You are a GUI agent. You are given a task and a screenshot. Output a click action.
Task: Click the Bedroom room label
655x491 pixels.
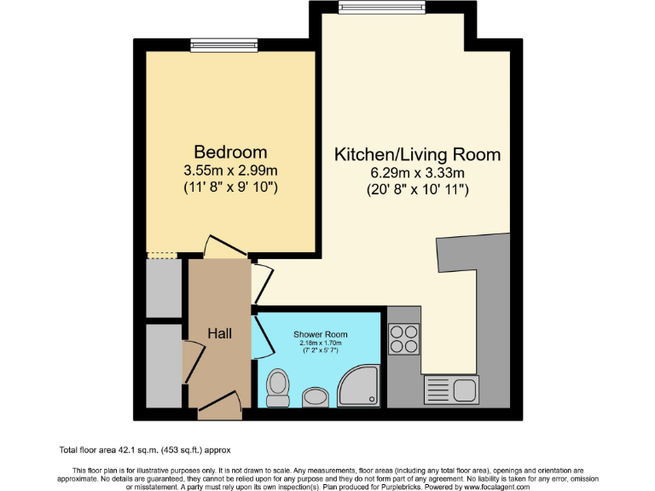[224, 152]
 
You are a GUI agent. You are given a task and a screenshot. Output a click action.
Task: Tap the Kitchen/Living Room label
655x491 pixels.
[416, 154]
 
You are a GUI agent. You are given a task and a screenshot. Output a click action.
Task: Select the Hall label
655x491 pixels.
[219, 333]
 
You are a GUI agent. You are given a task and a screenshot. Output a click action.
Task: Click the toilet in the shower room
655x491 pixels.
[277, 389]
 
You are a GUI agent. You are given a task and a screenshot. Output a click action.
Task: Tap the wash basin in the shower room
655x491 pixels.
[315, 397]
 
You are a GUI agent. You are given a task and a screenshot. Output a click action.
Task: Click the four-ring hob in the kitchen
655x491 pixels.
[404, 340]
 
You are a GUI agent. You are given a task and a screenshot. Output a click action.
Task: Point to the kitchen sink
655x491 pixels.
[452, 390]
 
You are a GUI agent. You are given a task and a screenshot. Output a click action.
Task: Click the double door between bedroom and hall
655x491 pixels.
[226, 248]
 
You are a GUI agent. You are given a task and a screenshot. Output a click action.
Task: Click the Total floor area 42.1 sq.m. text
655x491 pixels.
[145, 449]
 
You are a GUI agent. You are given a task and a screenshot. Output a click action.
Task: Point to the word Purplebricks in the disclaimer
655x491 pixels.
[444, 487]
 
